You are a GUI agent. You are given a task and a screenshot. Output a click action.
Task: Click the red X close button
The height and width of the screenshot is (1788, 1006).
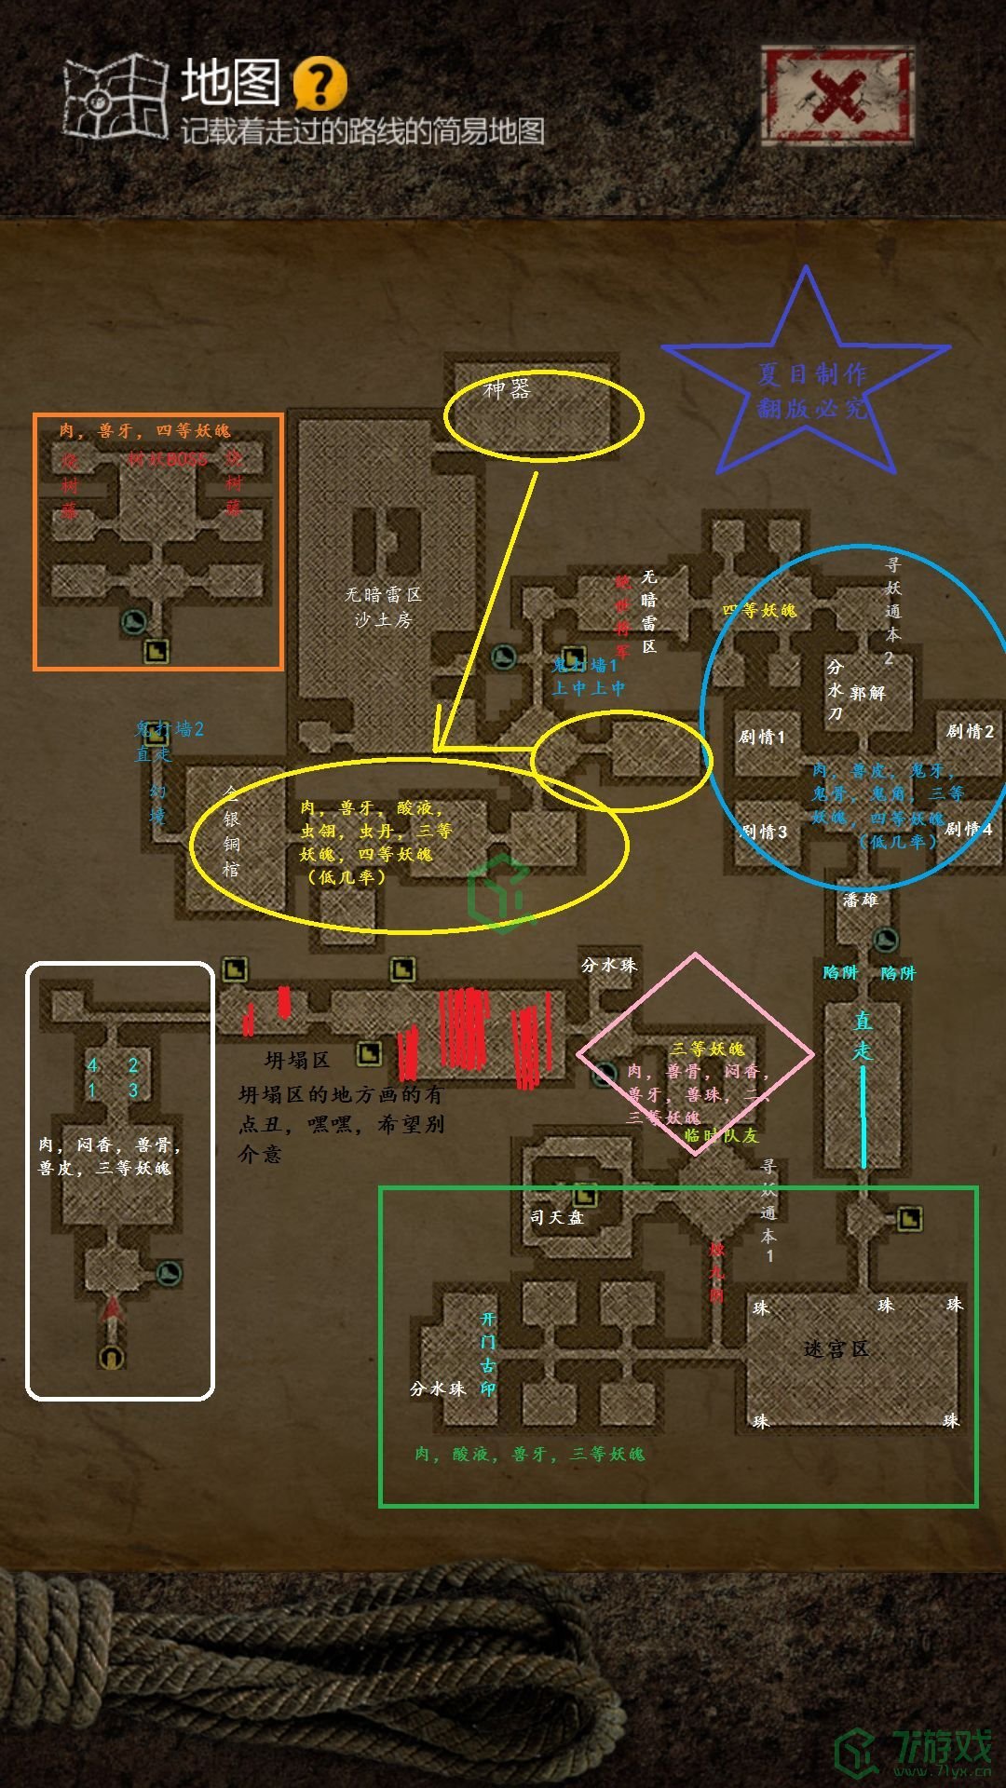click(836, 97)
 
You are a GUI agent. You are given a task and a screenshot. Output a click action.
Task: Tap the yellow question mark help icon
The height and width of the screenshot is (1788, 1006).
click(319, 84)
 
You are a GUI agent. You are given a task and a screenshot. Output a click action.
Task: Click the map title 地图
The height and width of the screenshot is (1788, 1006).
click(230, 82)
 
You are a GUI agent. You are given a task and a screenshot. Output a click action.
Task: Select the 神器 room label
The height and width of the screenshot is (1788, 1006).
click(507, 389)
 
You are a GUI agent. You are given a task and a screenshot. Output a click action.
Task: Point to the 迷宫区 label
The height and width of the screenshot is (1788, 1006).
click(836, 1348)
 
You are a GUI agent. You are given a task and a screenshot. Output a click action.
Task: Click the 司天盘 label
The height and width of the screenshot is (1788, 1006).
click(556, 1217)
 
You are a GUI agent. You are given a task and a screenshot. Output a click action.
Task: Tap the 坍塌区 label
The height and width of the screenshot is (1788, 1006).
click(297, 1060)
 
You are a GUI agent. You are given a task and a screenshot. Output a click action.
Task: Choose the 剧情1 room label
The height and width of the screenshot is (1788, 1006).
click(762, 737)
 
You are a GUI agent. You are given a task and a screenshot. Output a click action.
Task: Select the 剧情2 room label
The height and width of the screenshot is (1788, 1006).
click(970, 731)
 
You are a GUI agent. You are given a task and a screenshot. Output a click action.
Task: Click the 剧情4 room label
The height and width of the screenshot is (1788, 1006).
click(969, 829)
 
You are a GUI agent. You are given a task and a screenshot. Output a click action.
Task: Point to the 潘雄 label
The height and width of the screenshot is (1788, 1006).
click(860, 900)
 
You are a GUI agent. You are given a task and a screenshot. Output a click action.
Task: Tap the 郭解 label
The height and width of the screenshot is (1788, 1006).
click(867, 693)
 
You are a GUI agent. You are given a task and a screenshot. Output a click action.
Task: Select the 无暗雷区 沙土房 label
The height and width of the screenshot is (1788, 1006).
click(383, 606)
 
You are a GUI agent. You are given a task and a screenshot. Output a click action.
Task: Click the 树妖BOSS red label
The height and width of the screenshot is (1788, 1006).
click(168, 459)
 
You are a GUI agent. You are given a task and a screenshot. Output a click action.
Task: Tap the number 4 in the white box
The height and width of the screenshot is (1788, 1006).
click(92, 1065)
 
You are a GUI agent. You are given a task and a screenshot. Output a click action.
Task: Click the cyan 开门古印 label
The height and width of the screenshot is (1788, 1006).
click(488, 1354)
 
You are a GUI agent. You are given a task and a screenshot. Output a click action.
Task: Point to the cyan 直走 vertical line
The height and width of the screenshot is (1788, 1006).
click(863, 1117)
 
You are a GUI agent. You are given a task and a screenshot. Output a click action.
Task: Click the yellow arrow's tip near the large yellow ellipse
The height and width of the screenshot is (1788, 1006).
click(436, 750)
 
